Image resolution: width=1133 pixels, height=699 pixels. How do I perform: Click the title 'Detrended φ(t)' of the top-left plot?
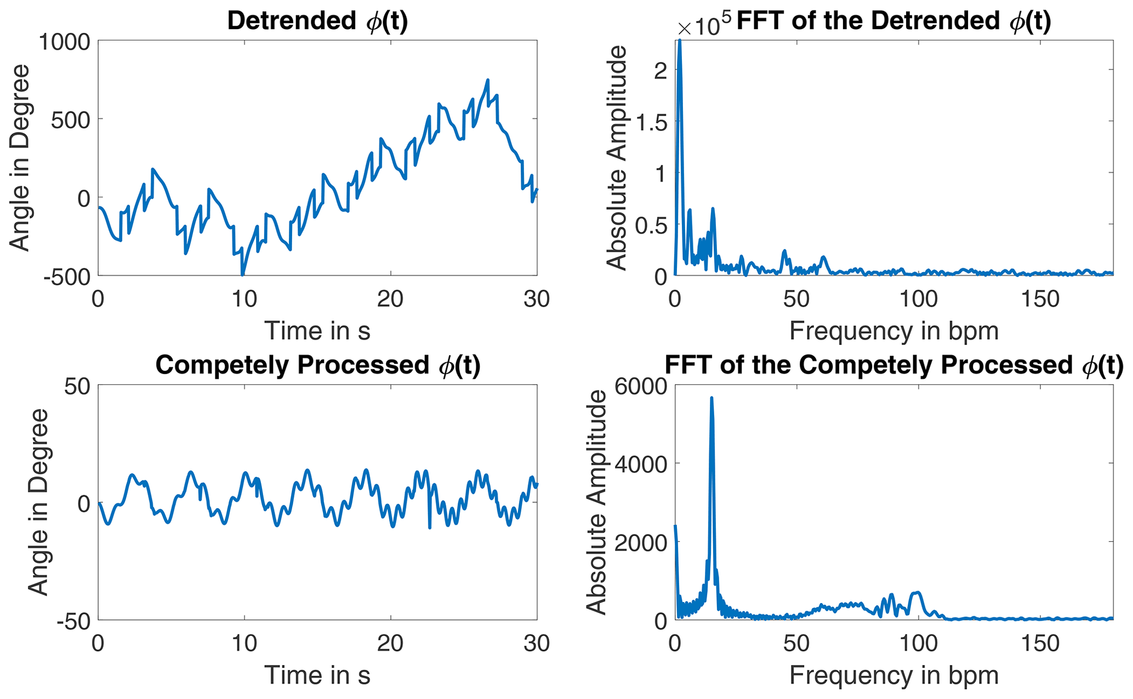point(317,21)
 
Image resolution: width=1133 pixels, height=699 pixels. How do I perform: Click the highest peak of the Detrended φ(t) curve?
point(487,80)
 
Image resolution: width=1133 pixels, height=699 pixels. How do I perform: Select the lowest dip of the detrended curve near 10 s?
point(242,274)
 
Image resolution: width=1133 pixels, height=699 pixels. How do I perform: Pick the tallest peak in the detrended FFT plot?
point(680,42)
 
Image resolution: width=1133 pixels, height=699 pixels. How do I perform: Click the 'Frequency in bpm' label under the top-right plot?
point(893,331)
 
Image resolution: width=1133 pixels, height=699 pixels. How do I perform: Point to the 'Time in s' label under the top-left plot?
point(317,331)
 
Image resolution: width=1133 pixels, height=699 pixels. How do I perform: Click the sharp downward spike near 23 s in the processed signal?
point(430,527)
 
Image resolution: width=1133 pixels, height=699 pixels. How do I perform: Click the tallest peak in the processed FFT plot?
point(711,398)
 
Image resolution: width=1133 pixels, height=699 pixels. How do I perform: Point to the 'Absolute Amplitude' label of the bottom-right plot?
point(596,502)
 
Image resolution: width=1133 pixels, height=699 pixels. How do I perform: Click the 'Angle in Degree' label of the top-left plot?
point(21,158)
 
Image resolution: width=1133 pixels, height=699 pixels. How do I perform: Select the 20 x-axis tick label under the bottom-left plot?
point(390,643)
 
